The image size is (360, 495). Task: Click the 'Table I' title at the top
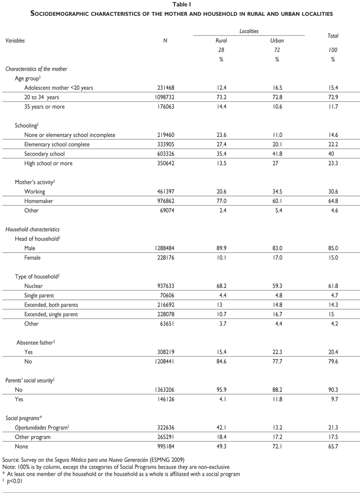coord(180,5)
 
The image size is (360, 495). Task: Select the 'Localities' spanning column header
coord(249,31)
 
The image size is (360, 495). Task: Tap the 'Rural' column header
coord(221,41)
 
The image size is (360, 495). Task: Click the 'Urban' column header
coord(277,41)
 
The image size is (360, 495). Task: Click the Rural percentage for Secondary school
coord(221,154)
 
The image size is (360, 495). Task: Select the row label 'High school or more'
coord(48,163)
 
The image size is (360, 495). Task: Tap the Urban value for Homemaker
coord(277,201)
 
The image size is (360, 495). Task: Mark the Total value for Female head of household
coord(333,258)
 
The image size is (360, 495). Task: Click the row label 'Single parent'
coord(40,295)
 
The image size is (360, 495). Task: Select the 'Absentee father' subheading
coord(35,342)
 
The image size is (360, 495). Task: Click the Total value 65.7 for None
coord(333,446)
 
